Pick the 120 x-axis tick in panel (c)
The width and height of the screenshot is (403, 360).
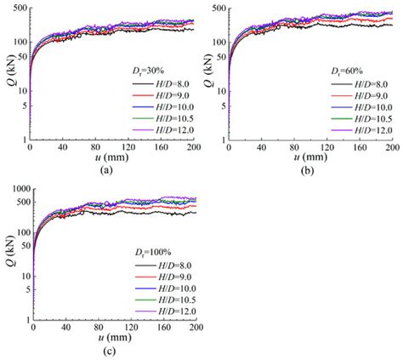pos(130,330)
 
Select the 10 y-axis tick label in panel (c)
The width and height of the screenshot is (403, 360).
pos(22,277)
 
